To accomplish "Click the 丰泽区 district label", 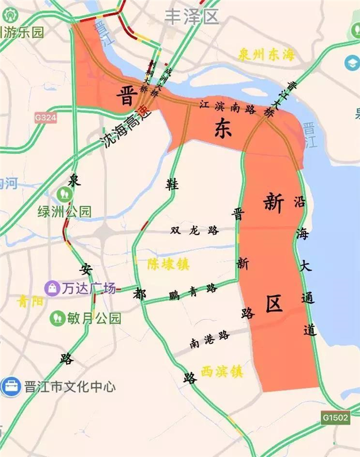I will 192,17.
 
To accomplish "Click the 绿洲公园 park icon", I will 63,195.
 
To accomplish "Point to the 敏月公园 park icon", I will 57,318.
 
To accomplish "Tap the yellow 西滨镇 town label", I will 222,371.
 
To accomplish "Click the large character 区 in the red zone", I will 275,304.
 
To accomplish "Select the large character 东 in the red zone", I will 223,127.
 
